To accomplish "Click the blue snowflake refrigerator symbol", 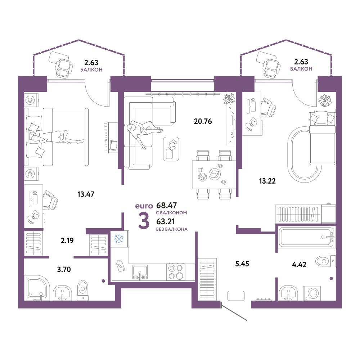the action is pos(119,239).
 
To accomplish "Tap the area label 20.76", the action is pos(203,121).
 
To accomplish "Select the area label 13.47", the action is pos(86,194).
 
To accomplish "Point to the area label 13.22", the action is pos(267,181).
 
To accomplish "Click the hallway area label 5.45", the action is pos(242,264).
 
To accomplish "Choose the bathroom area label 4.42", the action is pos(299,265).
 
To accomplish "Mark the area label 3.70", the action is pos(64,269).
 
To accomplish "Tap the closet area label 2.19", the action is pos(67,240).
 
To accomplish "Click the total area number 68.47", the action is pos(166,205).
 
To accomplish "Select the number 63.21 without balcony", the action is pos(166,221).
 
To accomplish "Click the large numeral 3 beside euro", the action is pos(144,221).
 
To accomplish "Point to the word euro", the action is pos(144,206).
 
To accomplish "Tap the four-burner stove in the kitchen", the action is pos(176,272).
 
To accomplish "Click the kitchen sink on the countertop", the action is pos(140,272).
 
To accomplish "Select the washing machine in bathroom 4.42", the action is pos(312,293).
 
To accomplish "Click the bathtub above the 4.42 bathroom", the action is pos(306,237).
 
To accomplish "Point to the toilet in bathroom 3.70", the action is pos(83,290).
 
